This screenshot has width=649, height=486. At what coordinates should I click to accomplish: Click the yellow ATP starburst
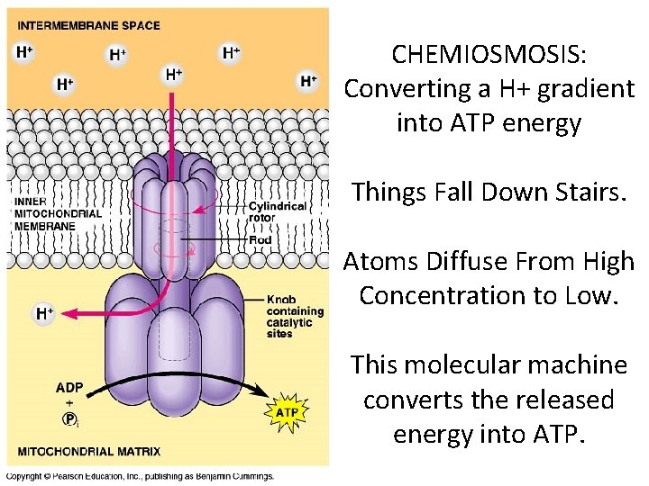point(286,413)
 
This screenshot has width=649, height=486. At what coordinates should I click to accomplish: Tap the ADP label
point(69,388)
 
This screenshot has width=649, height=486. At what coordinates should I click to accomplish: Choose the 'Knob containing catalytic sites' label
point(290,316)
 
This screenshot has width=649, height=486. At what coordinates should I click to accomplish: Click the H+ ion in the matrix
point(44,313)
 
